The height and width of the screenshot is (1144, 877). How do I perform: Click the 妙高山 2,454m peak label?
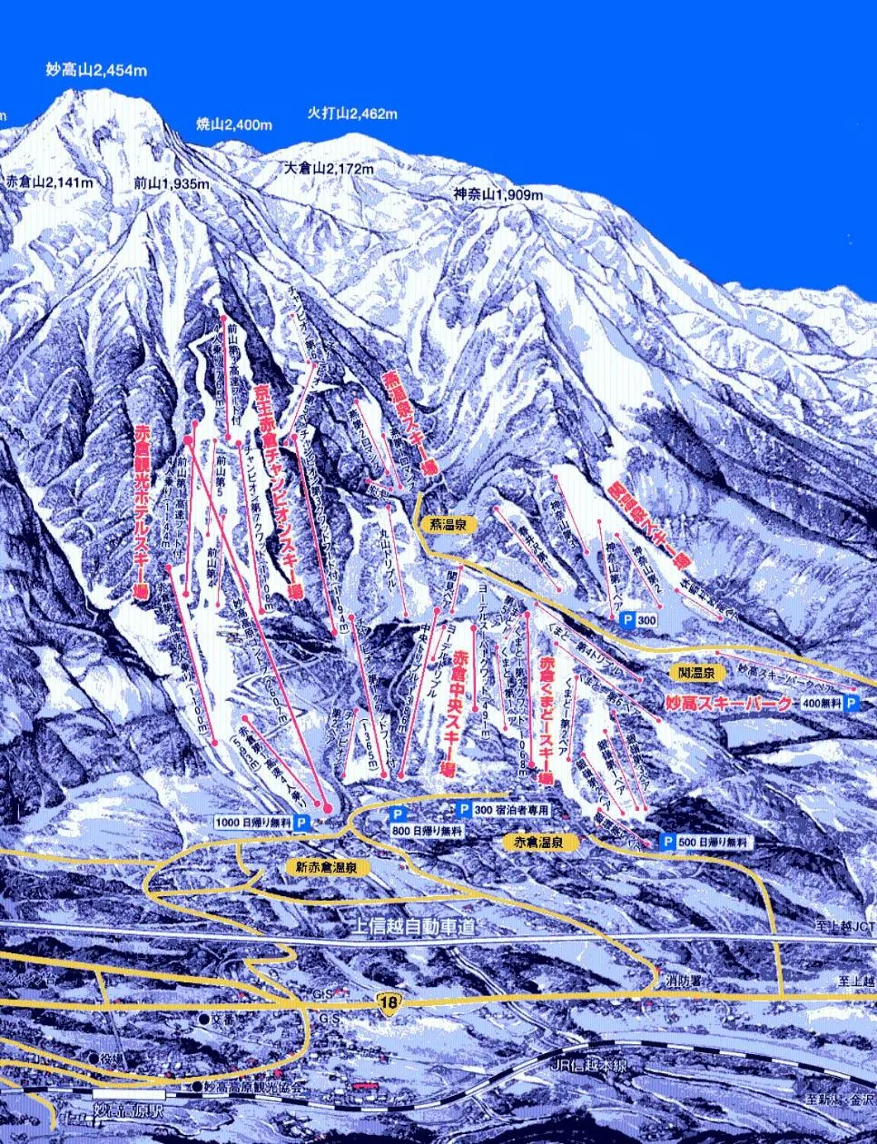coord(96,69)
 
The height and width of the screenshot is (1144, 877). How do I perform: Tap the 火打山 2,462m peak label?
coord(351,113)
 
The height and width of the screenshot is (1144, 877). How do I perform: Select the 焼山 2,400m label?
coord(234,124)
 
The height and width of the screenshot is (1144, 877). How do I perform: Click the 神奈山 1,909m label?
coord(498,194)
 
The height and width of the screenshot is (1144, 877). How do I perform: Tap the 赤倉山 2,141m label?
coord(49,182)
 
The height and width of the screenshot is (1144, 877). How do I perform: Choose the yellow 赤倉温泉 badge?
coord(540,842)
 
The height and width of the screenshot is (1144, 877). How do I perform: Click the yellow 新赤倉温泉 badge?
coord(327,867)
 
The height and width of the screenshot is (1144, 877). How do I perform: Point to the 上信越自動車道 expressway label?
coord(411,928)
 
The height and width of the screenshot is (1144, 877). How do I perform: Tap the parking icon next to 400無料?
coord(851,703)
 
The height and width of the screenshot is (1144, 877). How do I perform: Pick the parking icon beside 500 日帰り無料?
coord(668,843)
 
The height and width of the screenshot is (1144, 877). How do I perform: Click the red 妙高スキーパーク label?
coord(729,702)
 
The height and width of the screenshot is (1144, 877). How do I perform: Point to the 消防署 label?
coord(682,981)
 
